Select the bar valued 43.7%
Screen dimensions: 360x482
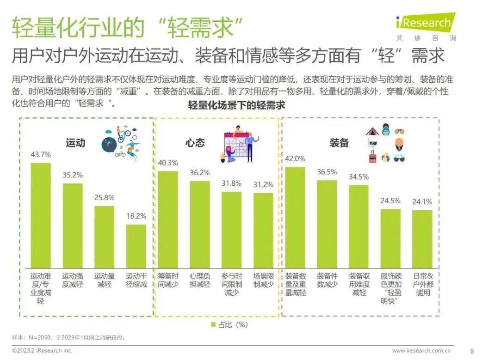point(41,215)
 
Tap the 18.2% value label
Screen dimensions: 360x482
point(136,216)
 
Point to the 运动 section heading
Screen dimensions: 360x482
point(75,142)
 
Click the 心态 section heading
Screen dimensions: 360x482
point(195,142)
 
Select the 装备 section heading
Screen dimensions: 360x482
point(339,143)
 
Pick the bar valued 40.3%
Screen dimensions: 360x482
point(168,219)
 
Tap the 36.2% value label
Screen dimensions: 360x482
point(199,172)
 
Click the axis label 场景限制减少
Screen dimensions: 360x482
point(263,280)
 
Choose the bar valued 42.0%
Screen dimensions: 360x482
point(295,217)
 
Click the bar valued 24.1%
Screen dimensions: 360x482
point(422,238)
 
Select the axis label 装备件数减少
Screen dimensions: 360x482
point(327,280)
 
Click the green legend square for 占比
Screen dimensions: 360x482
point(213,324)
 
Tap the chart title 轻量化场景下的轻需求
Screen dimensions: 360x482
point(236,105)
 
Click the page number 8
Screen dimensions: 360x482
point(472,350)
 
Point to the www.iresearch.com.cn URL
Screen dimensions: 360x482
point(422,350)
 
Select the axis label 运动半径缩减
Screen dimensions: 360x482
point(136,280)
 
